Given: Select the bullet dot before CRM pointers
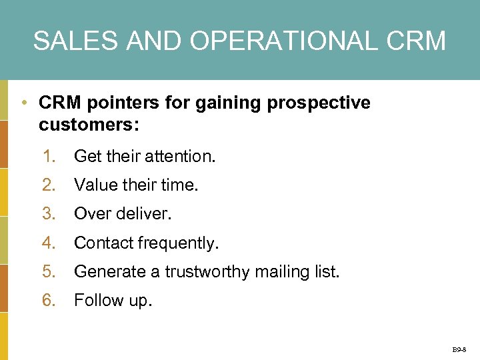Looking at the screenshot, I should click(23, 103).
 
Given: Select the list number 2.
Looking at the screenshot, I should click(49, 185).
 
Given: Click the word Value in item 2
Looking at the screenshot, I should click(93, 185).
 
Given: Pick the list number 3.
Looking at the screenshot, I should click(49, 214).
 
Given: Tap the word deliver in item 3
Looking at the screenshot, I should click(145, 214).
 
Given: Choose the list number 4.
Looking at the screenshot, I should click(49, 243).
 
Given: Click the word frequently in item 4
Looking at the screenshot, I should click(178, 243).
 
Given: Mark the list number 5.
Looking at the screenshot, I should click(49, 272).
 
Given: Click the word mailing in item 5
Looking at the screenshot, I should click(279, 272).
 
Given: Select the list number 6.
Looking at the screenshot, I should click(49, 301).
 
